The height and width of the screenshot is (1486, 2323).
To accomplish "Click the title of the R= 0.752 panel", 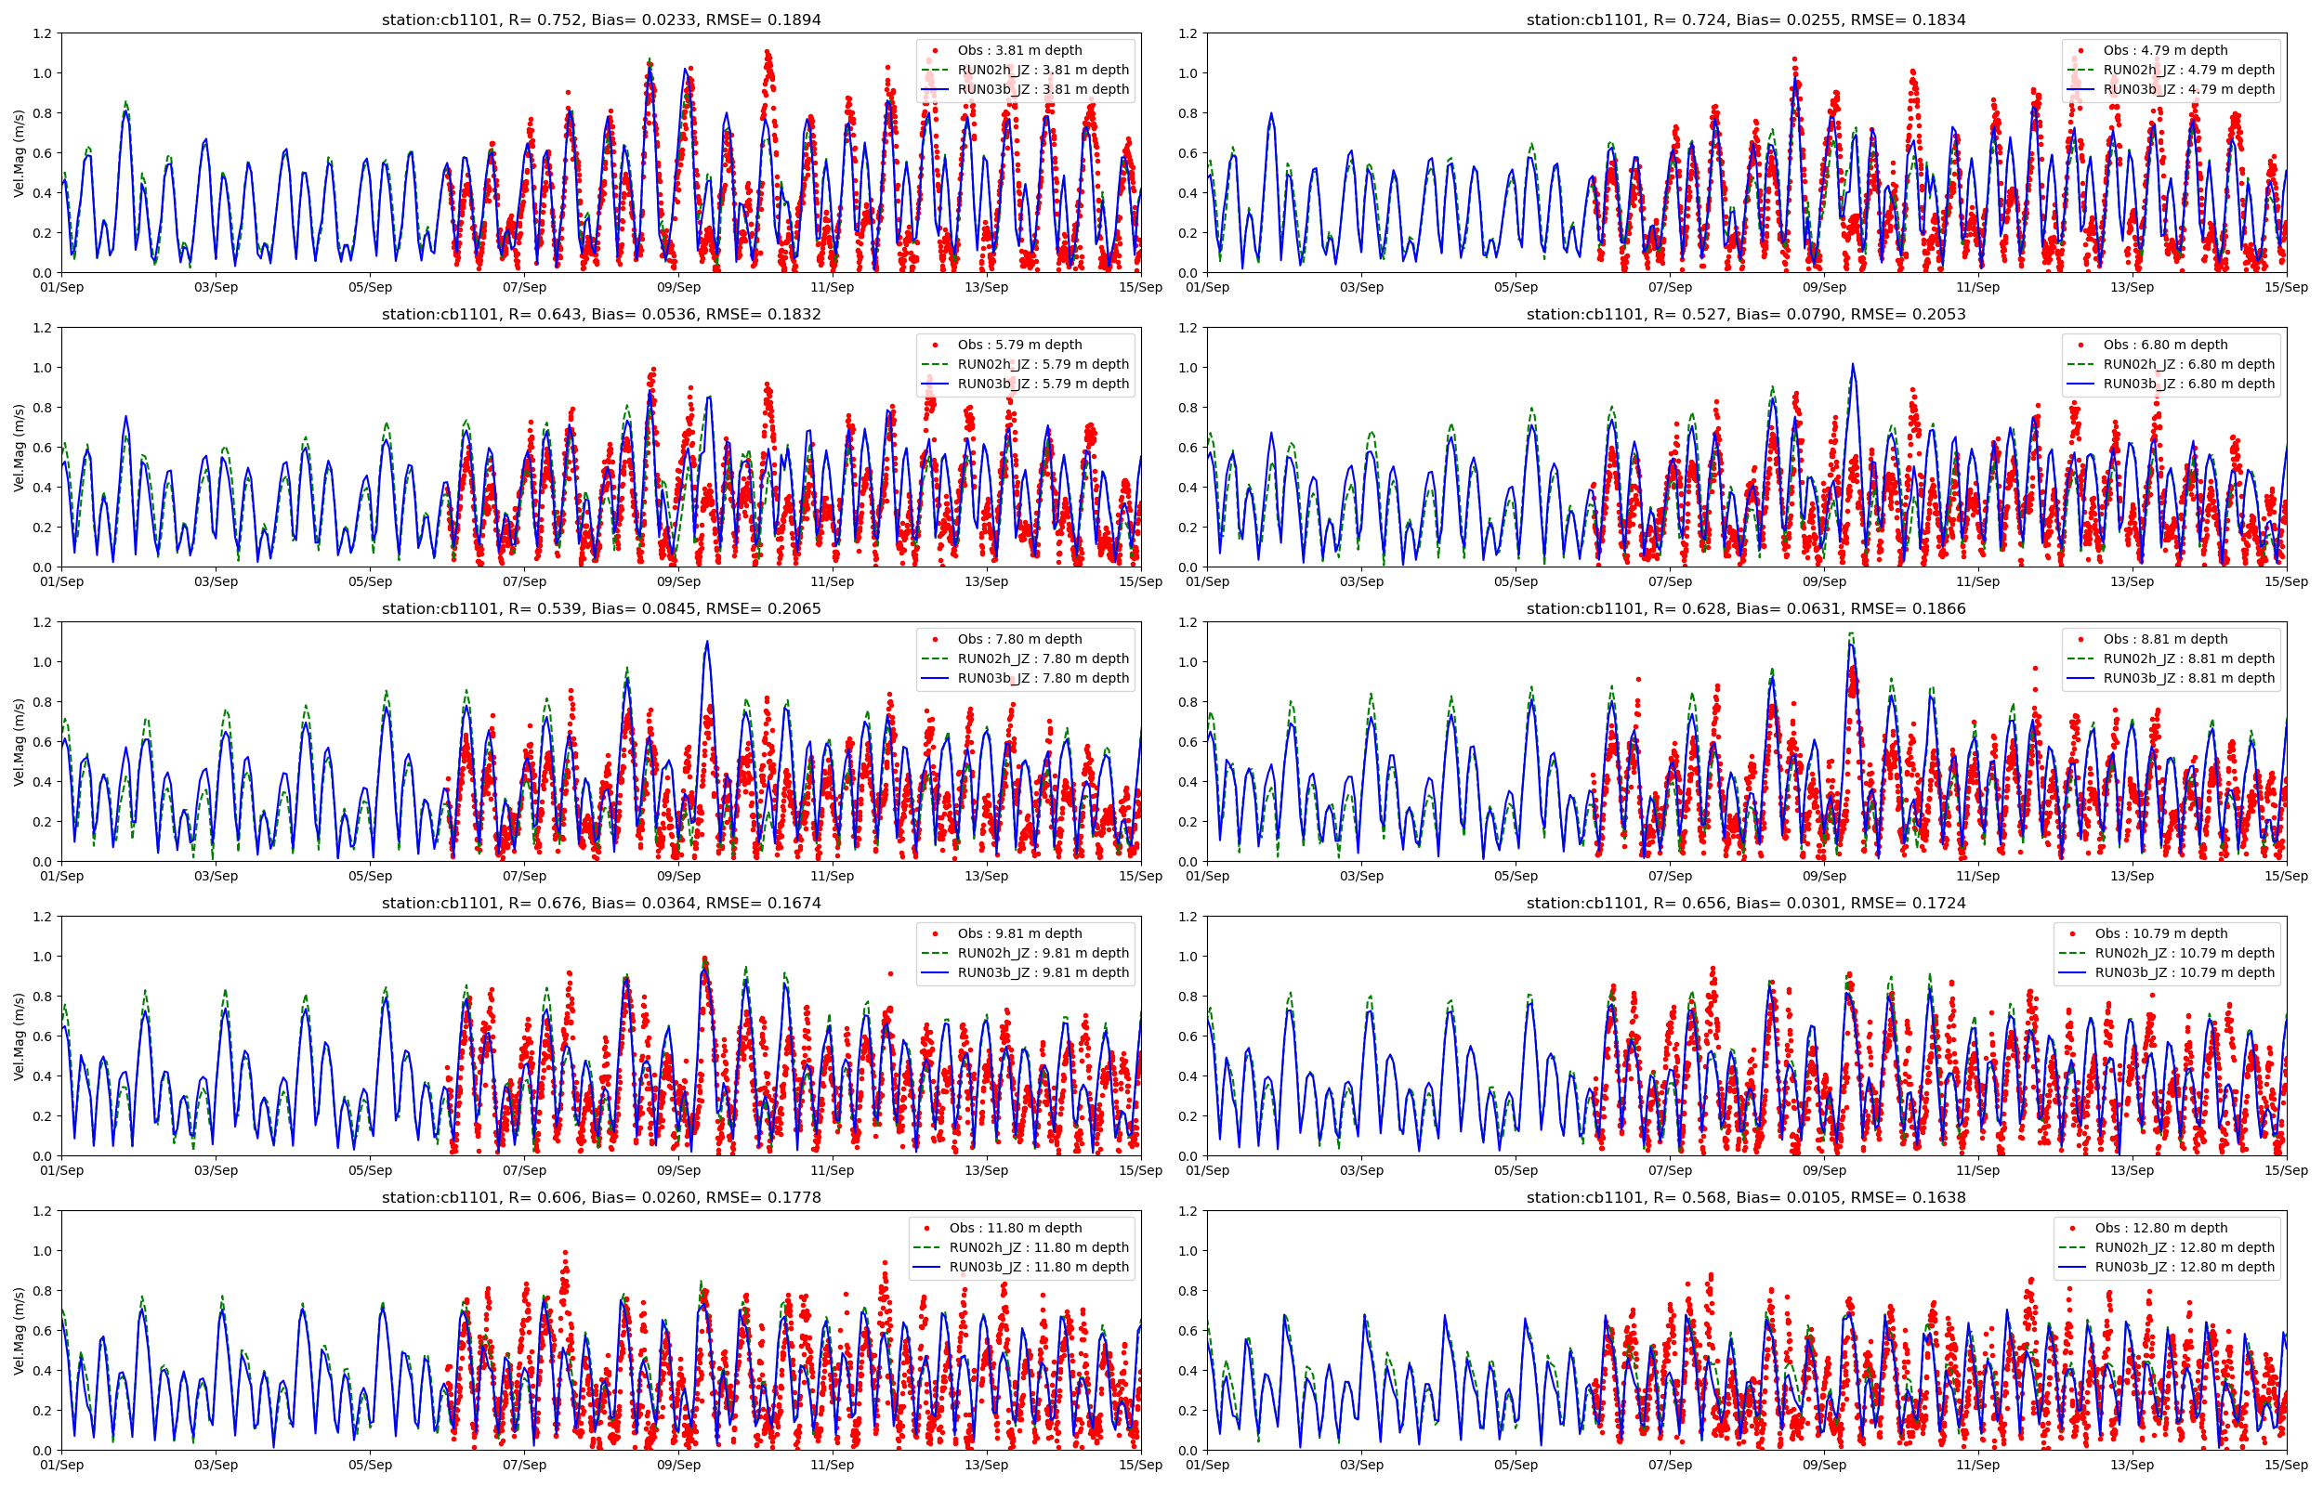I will [x=601, y=20].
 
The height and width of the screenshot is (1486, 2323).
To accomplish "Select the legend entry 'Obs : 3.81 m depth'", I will [x=1019, y=50].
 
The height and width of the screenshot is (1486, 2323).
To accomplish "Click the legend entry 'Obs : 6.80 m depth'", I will [x=2166, y=345].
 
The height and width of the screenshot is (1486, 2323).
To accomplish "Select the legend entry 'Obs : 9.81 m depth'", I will [x=1019, y=933].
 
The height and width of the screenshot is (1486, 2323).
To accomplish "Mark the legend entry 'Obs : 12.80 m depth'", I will [x=2161, y=1228].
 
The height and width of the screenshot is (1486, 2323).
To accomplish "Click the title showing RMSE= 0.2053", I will [x=1746, y=314].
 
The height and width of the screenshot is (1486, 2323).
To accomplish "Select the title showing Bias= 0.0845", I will [x=601, y=608].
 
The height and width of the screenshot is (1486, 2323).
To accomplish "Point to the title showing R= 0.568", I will [x=1746, y=1197].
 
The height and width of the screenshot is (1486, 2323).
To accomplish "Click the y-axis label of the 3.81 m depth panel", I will [x=19, y=152].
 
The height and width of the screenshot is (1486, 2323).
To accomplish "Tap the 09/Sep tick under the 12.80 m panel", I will [x=1824, y=1465].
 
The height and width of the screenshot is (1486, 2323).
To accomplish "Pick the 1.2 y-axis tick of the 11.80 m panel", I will [x=43, y=1211].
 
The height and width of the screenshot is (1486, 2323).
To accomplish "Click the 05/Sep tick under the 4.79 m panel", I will [x=1516, y=287].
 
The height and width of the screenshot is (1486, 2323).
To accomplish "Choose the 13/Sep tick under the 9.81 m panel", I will [x=986, y=1170].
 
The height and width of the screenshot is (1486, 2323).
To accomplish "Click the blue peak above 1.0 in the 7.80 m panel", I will [x=707, y=642].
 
